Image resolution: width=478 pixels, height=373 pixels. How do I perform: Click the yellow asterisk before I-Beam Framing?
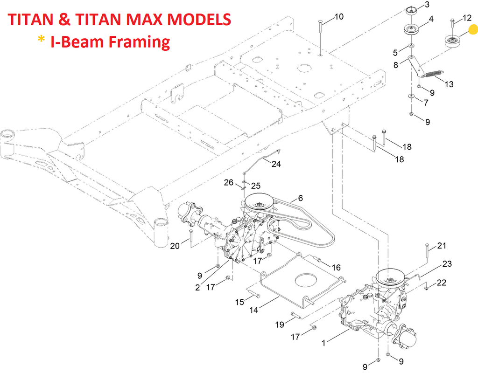point(42,41)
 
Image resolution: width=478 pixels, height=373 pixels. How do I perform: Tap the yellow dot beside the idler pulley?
point(472,31)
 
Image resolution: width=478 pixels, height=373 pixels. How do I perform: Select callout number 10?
point(339,17)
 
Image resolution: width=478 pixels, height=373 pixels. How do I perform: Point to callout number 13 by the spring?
point(449,84)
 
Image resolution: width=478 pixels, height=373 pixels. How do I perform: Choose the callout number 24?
point(277,164)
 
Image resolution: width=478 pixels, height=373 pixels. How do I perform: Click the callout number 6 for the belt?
point(300,198)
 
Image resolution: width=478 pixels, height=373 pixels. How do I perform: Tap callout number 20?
point(175,246)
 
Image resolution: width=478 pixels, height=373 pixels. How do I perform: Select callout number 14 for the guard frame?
point(254,309)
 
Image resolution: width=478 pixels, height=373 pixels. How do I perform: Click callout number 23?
point(447,264)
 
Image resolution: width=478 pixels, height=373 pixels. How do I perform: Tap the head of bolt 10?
point(319,22)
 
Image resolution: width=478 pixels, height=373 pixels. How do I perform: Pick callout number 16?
point(336,268)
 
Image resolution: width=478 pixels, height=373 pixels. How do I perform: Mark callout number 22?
point(442,283)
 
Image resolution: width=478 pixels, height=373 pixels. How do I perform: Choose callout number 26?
point(228,182)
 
